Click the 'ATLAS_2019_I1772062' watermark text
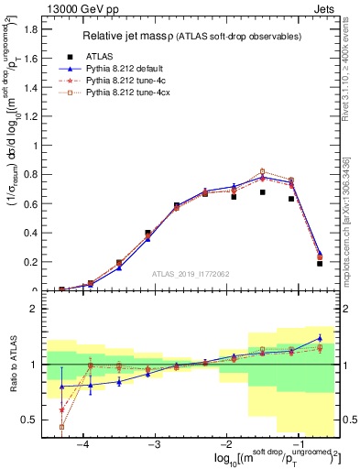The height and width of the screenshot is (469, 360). (191, 274)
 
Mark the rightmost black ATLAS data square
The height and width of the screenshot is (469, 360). (320, 263)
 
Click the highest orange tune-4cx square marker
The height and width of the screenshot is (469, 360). (262, 171)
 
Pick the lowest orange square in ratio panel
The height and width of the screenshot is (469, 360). (61, 427)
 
